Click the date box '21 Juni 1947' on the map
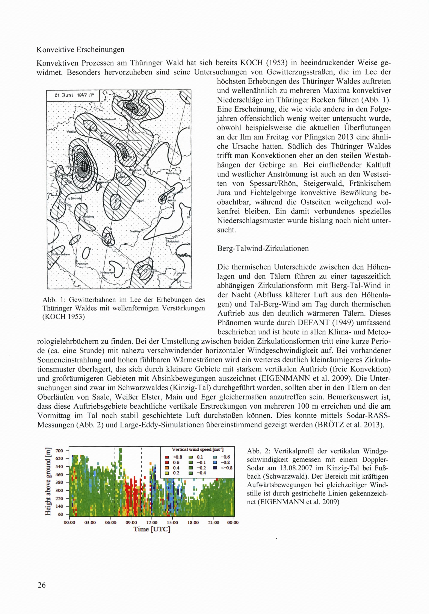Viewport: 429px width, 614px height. (x=73, y=96)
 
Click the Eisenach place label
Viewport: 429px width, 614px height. (x=75, y=199)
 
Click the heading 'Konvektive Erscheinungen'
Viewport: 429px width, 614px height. (x=80, y=50)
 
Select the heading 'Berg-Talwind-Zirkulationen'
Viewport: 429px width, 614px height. (x=263, y=249)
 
